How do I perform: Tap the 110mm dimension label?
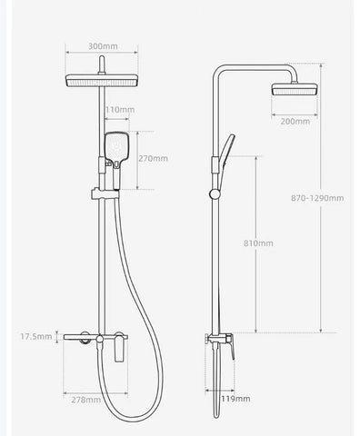click(119, 109)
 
